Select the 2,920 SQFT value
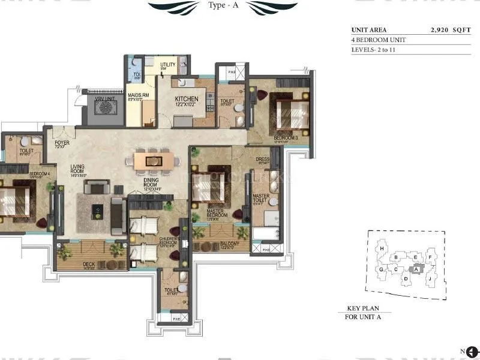(451, 29)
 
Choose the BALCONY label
(229, 244)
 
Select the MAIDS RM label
(138, 96)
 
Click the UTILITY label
(166, 65)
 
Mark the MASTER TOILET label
(260, 199)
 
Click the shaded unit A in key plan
(416, 269)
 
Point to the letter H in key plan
(380, 248)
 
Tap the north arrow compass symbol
(471, 352)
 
